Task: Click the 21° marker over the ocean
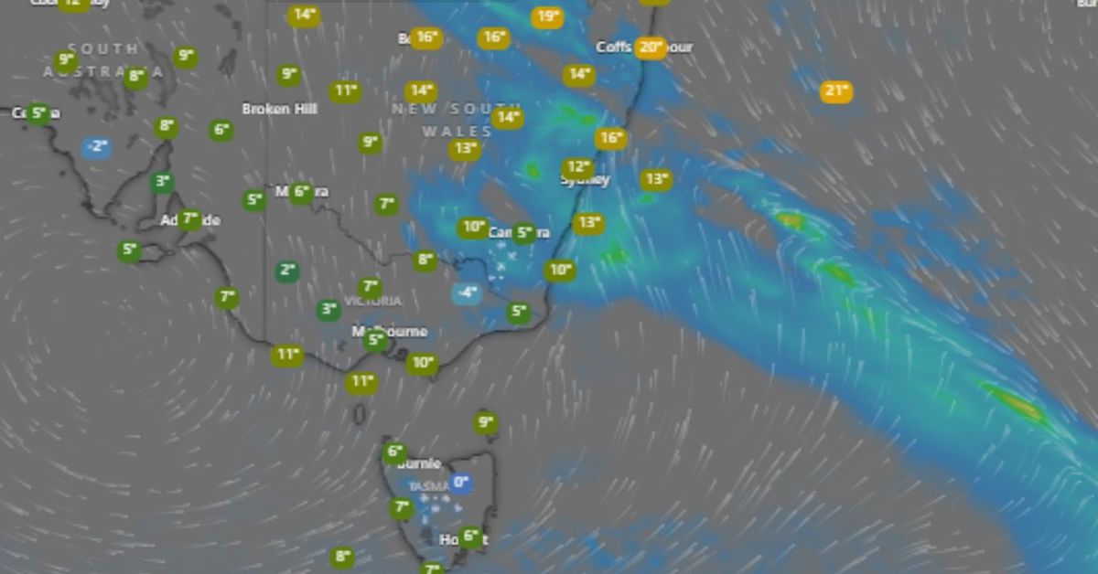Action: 836,90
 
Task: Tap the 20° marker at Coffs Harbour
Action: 651,48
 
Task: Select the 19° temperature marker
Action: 547,16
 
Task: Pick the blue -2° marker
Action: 97,147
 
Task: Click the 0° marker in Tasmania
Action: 461,483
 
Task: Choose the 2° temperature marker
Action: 288,271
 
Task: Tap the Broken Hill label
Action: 279,109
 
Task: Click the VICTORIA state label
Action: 372,301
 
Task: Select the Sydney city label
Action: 586,180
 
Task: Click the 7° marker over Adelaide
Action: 189,219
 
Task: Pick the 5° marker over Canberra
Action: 523,233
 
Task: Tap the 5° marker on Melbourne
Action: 374,341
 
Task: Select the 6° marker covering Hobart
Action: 470,537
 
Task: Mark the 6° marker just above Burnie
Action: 394,452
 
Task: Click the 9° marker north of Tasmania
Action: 486,422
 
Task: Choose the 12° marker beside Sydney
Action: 577,168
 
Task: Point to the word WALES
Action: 445,132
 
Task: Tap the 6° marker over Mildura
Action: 301,192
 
